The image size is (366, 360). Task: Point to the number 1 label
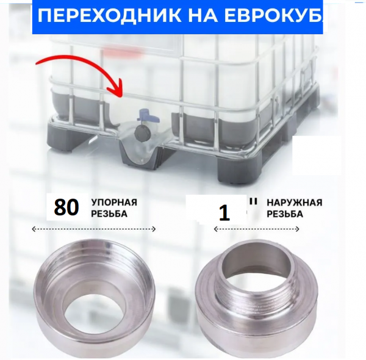tap(224, 213)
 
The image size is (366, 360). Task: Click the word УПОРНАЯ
tap(115, 203)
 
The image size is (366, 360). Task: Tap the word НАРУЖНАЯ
tap(295, 203)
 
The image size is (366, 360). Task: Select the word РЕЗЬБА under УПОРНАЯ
tap(109, 214)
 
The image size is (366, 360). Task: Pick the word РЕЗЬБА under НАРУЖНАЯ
tap(284, 214)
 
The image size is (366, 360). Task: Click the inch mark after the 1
tap(251, 200)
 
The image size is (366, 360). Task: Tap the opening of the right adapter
tap(251, 262)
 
